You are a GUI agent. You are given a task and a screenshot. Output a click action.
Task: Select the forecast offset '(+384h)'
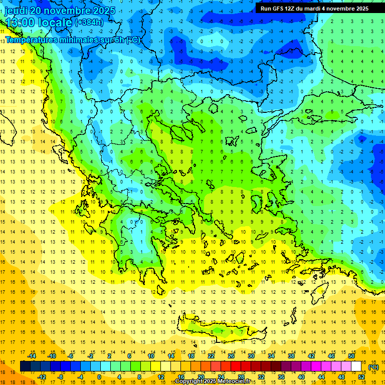click(x=89, y=22)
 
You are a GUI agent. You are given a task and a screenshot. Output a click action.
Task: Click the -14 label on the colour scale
click(x=32, y=356)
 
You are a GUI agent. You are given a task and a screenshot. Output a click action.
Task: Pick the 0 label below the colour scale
click(x=99, y=377)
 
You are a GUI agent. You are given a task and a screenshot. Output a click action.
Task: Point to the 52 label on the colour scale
click(x=361, y=377)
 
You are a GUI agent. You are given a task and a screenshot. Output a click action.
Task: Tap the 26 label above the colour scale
click(x=231, y=356)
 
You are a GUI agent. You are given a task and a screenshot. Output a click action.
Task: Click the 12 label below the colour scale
click(x=161, y=377)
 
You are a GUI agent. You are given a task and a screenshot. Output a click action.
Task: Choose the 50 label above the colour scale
click(x=351, y=356)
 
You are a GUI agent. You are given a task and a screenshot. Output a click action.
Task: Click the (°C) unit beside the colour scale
click(x=373, y=367)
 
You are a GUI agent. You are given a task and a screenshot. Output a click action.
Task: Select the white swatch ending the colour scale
click(x=356, y=366)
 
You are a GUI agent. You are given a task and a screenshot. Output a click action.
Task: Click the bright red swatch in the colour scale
click(x=236, y=366)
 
